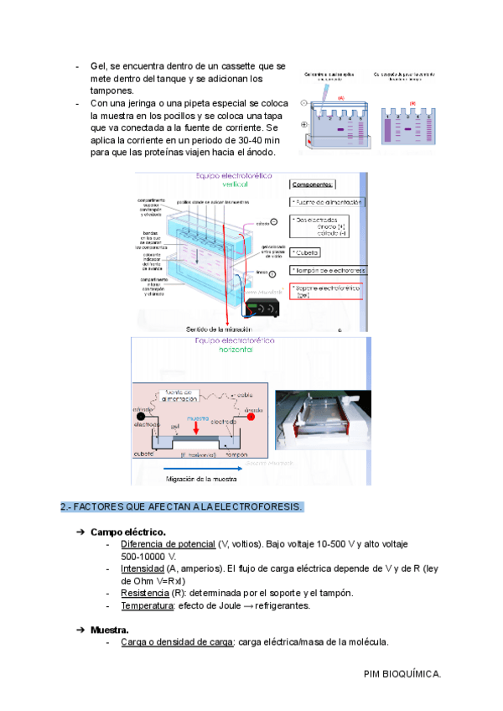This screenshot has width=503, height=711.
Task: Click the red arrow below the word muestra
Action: [197, 430]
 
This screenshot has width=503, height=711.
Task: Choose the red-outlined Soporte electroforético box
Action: [326, 291]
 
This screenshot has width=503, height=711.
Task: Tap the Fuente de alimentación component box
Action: [326, 203]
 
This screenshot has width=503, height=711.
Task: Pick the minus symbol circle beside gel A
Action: [303, 103]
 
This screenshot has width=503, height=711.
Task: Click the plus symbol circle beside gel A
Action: [303, 125]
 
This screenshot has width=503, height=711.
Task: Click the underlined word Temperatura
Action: [147, 605]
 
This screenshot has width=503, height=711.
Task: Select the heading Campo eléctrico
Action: [127, 532]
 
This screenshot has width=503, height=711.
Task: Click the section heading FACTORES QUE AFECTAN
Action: [181, 508]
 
